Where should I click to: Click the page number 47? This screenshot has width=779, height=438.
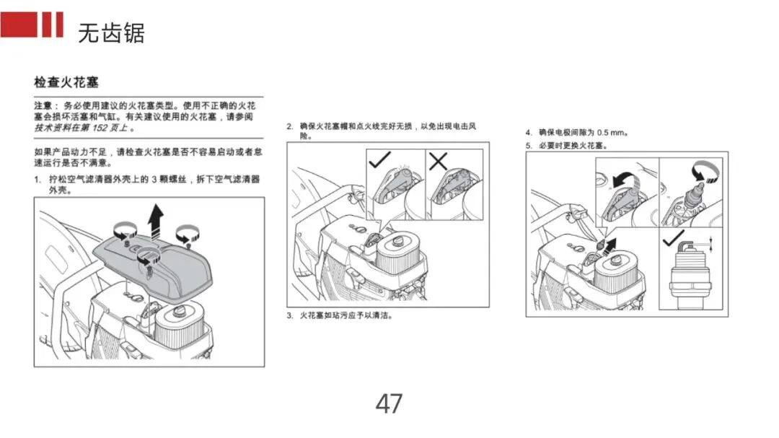pyautogui.click(x=389, y=404)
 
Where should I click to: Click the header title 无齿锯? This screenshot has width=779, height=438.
pyautogui.click(x=111, y=33)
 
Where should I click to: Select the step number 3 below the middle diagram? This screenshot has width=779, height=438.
pyautogui.click(x=289, y=316)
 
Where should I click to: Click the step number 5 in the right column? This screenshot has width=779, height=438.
pyautogui.click(x=528, y=145)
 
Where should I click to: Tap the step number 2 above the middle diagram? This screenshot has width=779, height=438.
pyautogui.click(x=289, y=126)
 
